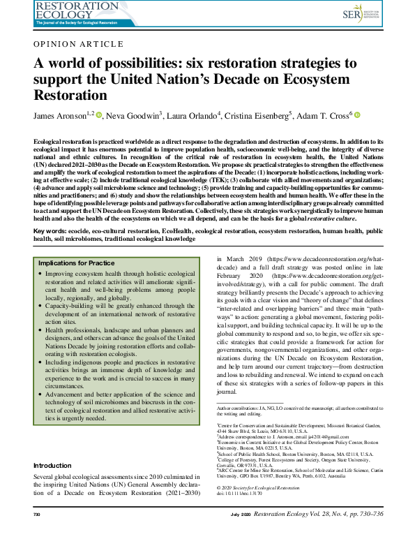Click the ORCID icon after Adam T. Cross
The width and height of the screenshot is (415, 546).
pyautogui.click(x=357, y=115)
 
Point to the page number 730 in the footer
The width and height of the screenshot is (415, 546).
pyautogui.click(x=38, y=533)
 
